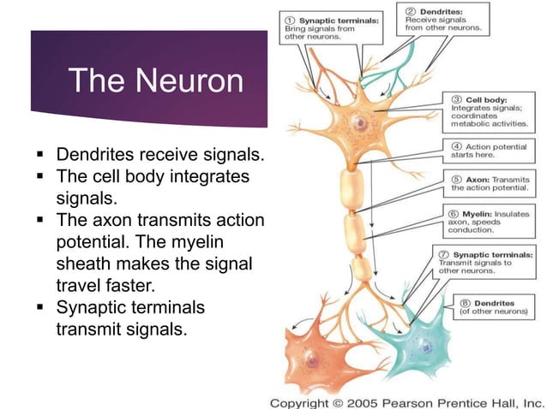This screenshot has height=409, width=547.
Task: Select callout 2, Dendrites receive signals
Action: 444,18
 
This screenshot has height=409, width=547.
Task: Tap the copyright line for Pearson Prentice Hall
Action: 406,401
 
